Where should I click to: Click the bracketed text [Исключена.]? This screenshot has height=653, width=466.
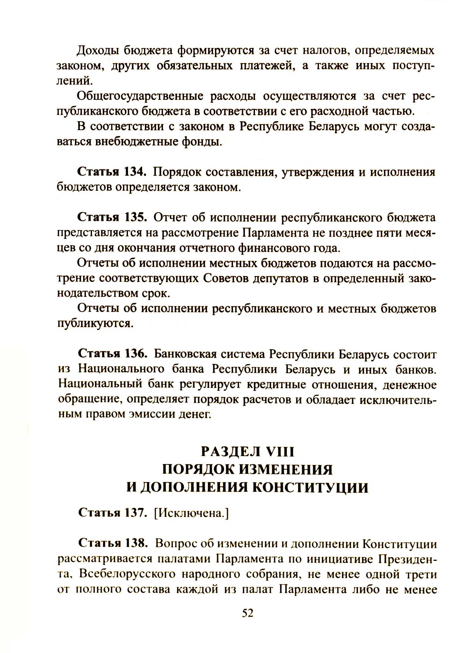coord(192,514)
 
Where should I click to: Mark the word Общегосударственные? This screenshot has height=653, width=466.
coord(140,96)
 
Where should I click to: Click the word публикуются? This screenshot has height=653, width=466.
coord(96,324)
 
